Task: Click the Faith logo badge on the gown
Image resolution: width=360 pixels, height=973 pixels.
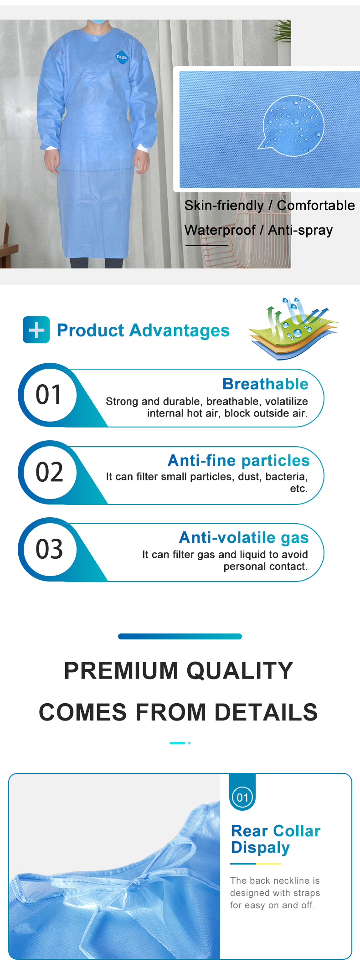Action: (122, 57)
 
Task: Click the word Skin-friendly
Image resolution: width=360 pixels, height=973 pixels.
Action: (224, 206)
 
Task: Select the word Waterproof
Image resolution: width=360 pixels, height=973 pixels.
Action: (220, 230)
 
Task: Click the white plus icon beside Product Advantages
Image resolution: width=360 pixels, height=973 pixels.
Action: (36, 329)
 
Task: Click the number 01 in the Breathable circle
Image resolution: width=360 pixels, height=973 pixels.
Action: (49, 395)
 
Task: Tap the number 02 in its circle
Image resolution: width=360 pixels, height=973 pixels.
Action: (49, 472)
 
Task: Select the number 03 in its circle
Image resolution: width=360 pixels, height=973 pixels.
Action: (49, 549)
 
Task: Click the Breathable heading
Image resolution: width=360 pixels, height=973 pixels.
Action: (265, 384)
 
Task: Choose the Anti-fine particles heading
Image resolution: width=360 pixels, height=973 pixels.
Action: (239, 460)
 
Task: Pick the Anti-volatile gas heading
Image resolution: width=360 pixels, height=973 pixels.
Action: (244, 538)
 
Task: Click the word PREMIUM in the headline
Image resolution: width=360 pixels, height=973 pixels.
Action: (121, 670)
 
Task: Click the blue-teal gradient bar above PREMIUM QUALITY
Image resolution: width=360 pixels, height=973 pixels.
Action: (180, 636)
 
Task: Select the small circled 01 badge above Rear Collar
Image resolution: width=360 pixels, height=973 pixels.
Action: (242, 798)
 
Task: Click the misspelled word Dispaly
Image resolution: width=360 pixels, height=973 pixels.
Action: (260, 848)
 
